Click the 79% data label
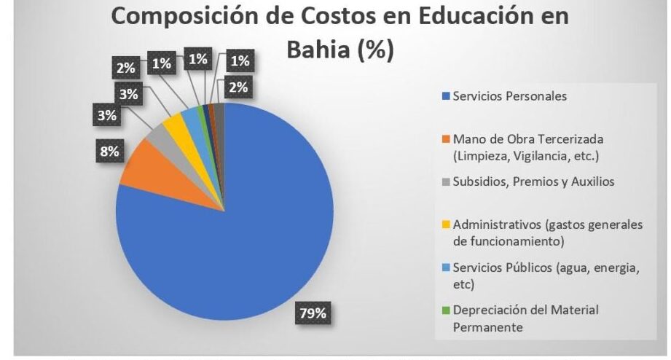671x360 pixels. pos(313,313)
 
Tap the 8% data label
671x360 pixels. pos(109,151)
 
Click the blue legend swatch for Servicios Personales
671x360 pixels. pos(446,96)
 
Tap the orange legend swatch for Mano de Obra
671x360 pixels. pos(446,139)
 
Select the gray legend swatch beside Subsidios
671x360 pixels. pos(446,182)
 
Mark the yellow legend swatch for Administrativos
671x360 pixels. pos(446,224)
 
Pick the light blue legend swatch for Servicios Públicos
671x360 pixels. pos(446,267)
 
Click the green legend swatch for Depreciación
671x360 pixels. pos(446,310)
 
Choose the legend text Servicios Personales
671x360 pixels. pos(510,96)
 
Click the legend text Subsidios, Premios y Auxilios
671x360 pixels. pos(533,181)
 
